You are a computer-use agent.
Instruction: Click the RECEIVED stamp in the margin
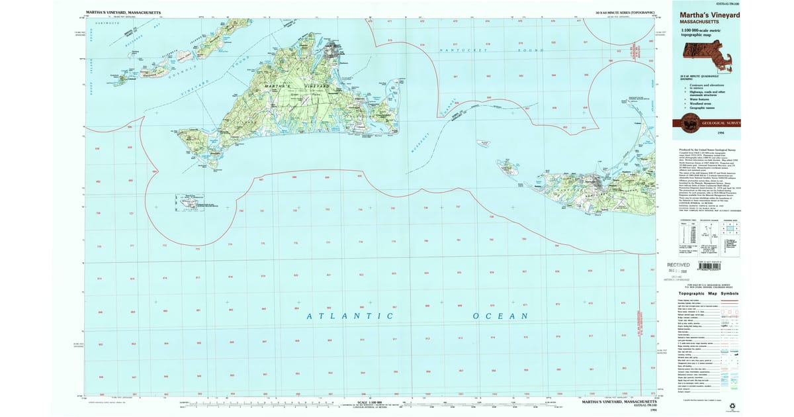(687, 263)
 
